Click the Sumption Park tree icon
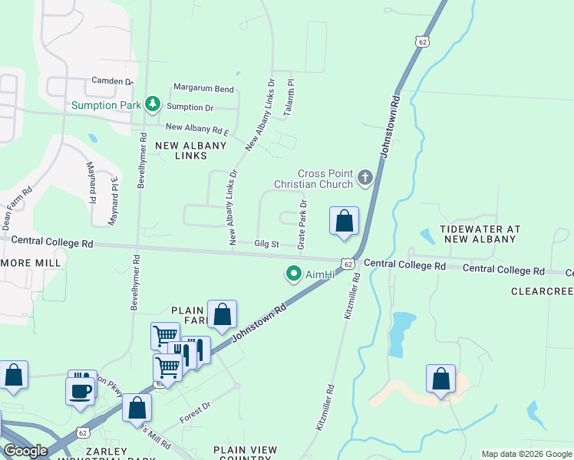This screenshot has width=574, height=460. coord(153,103)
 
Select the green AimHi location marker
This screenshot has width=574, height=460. coord(293,273)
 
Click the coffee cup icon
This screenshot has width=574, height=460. coord(81,390)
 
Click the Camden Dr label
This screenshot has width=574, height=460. coord(112,80)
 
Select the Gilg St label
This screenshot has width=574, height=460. coord(266,244)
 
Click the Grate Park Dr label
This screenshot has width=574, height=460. coord(302,224)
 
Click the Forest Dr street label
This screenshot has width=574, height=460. coord(195,414)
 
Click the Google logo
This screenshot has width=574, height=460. coord(26,451)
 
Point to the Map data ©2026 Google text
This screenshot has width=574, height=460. coord(526,454)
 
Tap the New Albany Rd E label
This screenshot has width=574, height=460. coord(197,127)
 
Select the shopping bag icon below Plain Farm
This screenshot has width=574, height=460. coord(222,314)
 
